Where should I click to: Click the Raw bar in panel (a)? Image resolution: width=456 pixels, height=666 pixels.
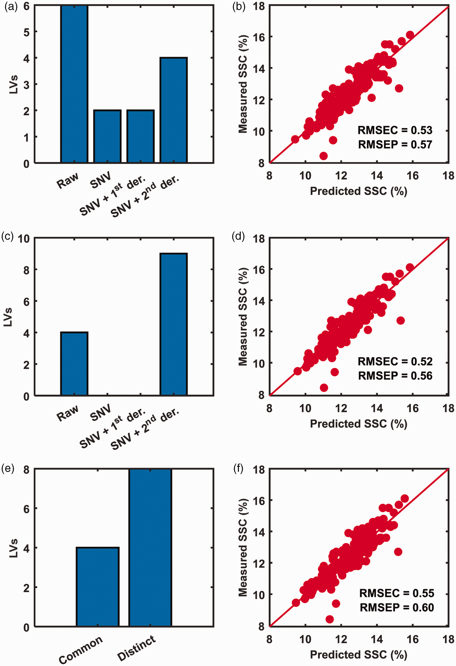coord(74,84)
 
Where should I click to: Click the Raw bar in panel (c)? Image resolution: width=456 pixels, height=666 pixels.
coord(74,364)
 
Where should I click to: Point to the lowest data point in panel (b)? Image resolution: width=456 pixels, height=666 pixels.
coord(324,156)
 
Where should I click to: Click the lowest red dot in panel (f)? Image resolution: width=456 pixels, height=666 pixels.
coord(330,619)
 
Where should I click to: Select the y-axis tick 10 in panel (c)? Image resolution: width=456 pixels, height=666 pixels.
coord(24,238)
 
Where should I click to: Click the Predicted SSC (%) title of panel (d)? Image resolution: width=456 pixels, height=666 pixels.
coord(359,423)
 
